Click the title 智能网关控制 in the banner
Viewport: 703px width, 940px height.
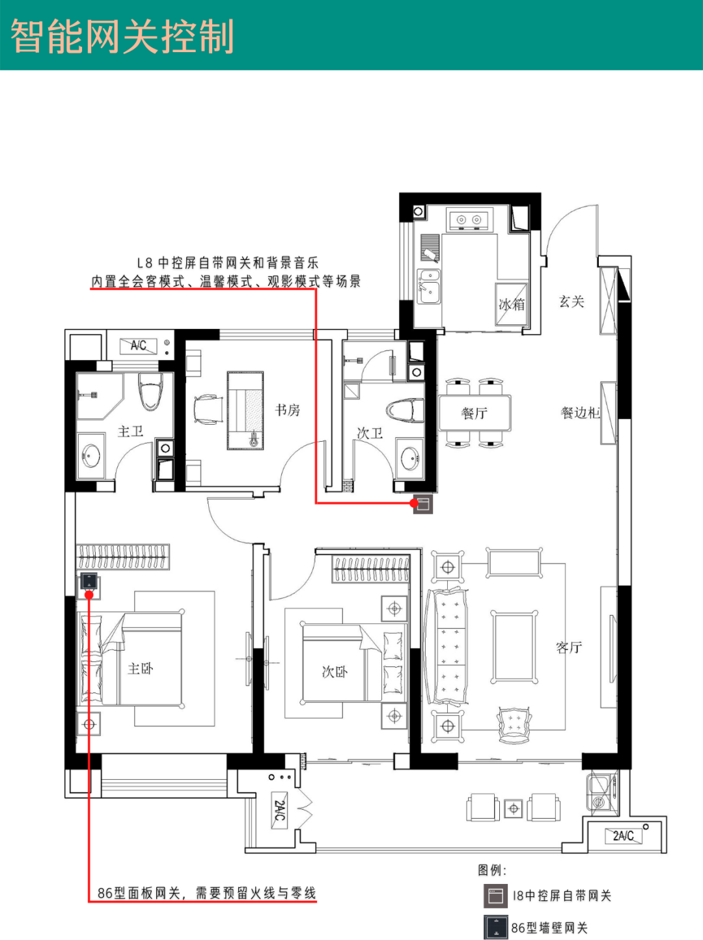pyautogui.click(x=122, y=36)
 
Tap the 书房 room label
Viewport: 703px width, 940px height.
pyautogui.click(x=288, y=410)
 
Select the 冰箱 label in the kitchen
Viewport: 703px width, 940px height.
pyautogui.click(x=512, y=304)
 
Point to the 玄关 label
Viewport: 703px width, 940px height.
pyautogui.click(x=572, y=302)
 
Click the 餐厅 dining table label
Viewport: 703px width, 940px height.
pyautogui.click(x=475, y=413)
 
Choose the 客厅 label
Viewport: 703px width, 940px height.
pyautogui.click(x=569, y=647)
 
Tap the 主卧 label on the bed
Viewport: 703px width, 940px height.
pyautogui.click(x=141, y=668)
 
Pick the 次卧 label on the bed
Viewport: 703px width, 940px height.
pyautogui.click(x=335, y=671)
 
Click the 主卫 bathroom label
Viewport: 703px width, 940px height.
pyautogui.click(x=130, y=431)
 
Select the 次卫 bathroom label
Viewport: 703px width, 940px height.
pyautogui.click(x=370, y=433)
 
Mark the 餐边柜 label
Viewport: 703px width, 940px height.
pyautogui.click(x=580, y=412)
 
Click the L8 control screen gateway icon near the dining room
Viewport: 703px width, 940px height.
pyautogui.click(x=423, y=504)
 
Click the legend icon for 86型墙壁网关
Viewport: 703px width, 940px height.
pyautogui.click(x=496, y=928)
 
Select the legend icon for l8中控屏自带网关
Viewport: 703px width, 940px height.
pyautogui.click(x=496, y=896)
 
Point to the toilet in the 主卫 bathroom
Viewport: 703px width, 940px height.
pyautogui.click(x=150, y=391)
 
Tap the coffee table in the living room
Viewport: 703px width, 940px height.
pyautogui.click(x=514, y=647)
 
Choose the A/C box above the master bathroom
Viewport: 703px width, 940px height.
pyautogui.click(x=138, y=346)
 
